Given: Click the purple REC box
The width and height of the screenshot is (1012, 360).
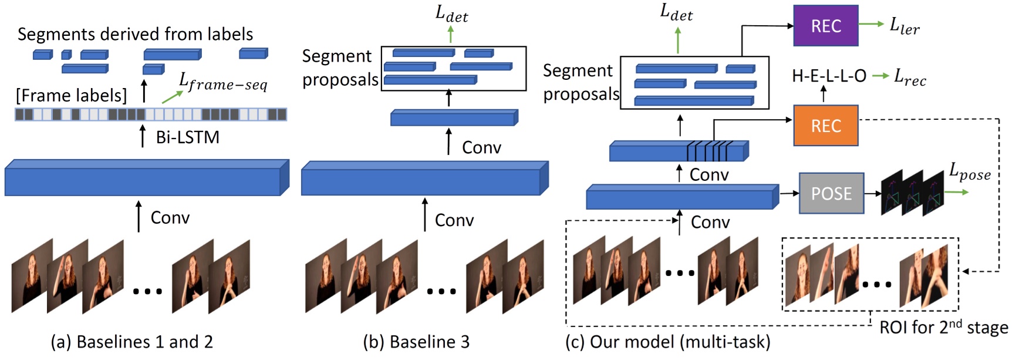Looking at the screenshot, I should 825,26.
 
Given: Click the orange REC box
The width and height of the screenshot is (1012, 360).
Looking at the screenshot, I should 825,126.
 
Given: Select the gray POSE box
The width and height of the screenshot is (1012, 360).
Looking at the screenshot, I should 831,193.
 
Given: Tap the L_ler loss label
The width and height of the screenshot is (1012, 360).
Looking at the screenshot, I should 904,26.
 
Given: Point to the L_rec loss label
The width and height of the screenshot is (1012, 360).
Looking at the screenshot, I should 909,77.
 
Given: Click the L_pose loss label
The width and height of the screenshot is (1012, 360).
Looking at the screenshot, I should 969,171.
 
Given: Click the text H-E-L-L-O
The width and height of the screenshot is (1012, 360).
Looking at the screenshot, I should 828,76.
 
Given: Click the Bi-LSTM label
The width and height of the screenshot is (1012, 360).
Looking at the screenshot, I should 187,137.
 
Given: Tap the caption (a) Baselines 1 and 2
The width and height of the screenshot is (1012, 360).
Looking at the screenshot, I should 131,342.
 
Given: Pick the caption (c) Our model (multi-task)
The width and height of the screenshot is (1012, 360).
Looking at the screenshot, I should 667,342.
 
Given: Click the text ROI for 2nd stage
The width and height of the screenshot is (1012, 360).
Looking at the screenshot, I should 943,327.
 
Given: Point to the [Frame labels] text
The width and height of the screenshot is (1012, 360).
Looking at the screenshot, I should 71,95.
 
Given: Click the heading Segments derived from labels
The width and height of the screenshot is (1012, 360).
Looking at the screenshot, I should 135,34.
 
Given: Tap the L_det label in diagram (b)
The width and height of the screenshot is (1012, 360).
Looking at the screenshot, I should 451,14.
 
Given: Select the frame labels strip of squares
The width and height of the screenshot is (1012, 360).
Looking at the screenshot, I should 150,115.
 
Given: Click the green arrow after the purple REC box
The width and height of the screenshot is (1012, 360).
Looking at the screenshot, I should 871,24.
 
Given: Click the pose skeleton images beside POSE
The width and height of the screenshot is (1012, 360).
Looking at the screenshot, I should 912,193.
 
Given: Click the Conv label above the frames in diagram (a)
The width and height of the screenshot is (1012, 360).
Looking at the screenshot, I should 170,218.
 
